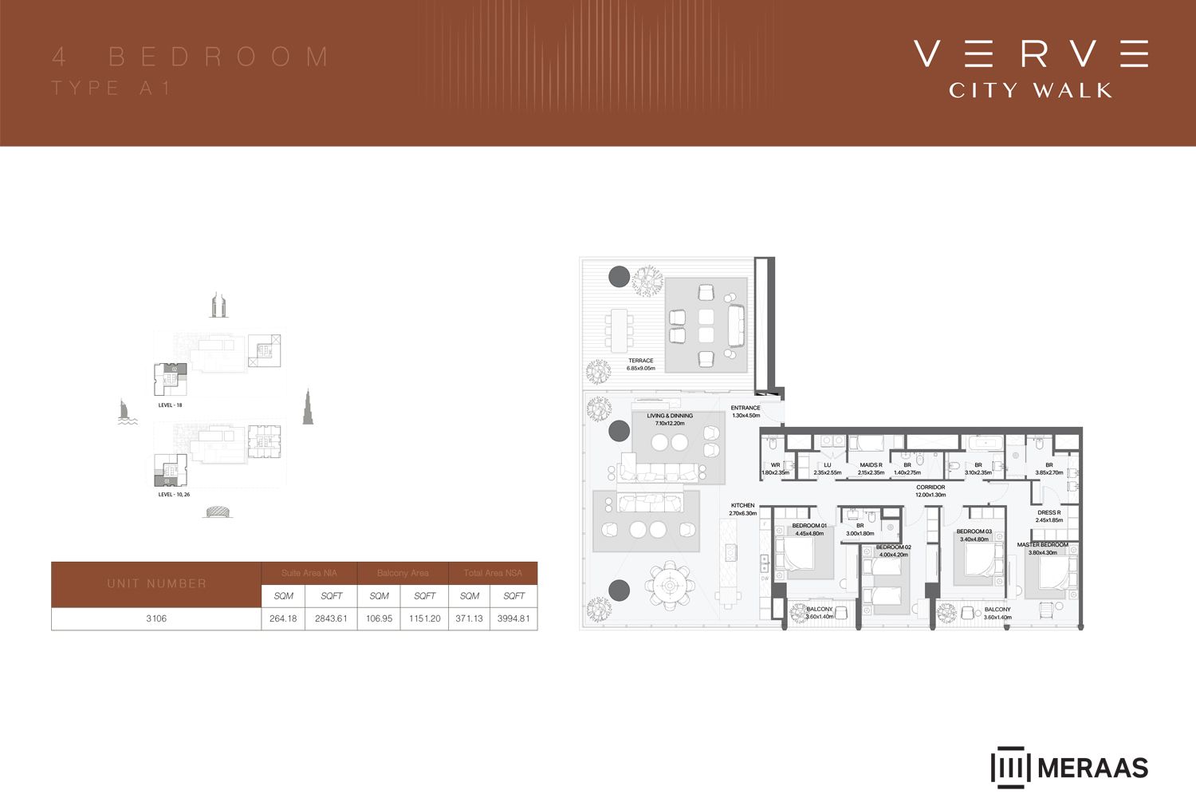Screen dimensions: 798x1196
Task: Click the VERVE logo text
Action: pos(1030,53)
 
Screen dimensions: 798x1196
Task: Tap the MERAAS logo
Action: pos(1069,768)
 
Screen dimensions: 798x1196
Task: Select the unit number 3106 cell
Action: pos(156,618)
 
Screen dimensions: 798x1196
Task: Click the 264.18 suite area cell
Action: pos(283,618)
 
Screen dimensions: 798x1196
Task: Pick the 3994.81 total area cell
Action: pos(513,618)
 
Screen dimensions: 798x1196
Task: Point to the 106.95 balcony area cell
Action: pos(380,618)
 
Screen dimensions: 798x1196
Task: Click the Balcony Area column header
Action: pos(403,573)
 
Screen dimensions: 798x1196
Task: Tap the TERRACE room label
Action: pos(640,361)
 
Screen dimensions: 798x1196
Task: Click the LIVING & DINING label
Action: pos(670,416)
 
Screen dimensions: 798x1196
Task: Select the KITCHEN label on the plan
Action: pos(742,506)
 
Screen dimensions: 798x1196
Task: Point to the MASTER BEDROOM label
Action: pos(1042,545)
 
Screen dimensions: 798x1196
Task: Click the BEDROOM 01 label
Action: pos(808,526)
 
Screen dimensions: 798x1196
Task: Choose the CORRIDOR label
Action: pos(930,488)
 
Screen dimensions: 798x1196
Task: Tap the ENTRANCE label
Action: pos(746,409)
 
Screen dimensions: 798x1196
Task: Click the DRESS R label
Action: pos(1048,513)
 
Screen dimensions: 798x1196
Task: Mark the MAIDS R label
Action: pos(870,465)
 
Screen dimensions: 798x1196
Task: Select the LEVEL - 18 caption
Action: pos(170,405)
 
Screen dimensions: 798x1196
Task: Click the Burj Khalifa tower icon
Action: pos(308,408)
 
